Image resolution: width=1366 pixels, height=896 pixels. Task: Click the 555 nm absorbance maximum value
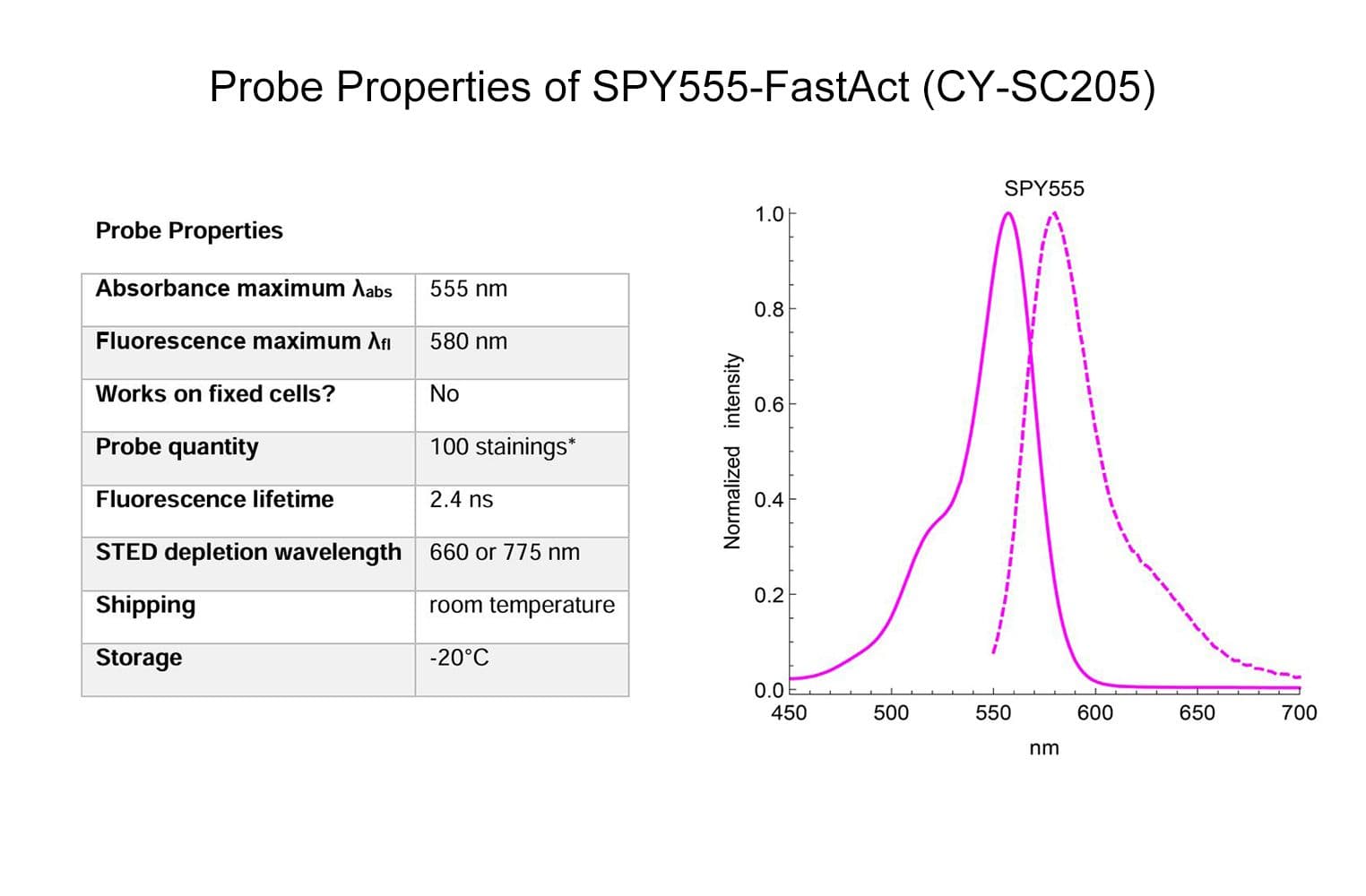tap(468, 289)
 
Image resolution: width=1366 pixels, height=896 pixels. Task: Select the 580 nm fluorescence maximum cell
tap(468, 341)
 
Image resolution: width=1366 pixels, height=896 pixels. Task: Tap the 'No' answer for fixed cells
tap(444, 394)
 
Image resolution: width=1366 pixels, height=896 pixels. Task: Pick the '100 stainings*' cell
tap(502, 446)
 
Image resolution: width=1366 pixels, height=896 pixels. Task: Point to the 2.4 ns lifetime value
tap(461, 499)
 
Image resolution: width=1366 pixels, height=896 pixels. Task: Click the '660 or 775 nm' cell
tap(504, 552)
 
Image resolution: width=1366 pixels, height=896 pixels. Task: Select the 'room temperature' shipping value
tap(522, 605)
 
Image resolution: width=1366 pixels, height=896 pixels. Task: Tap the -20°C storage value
tap(459, 658)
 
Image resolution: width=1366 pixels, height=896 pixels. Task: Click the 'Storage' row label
tap(139, 658)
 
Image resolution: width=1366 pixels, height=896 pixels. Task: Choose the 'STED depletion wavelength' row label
tap(248, 552)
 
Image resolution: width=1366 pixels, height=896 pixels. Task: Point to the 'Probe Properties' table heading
tap(189, 231)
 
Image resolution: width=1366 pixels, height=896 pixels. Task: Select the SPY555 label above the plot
tap(1043, 188)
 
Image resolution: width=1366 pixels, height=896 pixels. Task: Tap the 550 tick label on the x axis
tap(993, 713)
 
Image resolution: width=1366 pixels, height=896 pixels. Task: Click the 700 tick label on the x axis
tap(1299, 713)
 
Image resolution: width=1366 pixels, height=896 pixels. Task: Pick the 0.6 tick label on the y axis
tap(768, 405)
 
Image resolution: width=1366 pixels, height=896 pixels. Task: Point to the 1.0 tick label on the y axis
tap(768, 214)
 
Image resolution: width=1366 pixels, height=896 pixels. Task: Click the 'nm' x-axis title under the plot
tap(1043, 748)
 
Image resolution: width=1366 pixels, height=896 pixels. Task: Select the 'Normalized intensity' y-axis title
tap(732, 451)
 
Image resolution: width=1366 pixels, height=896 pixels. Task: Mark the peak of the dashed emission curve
tap(1054, 213)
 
